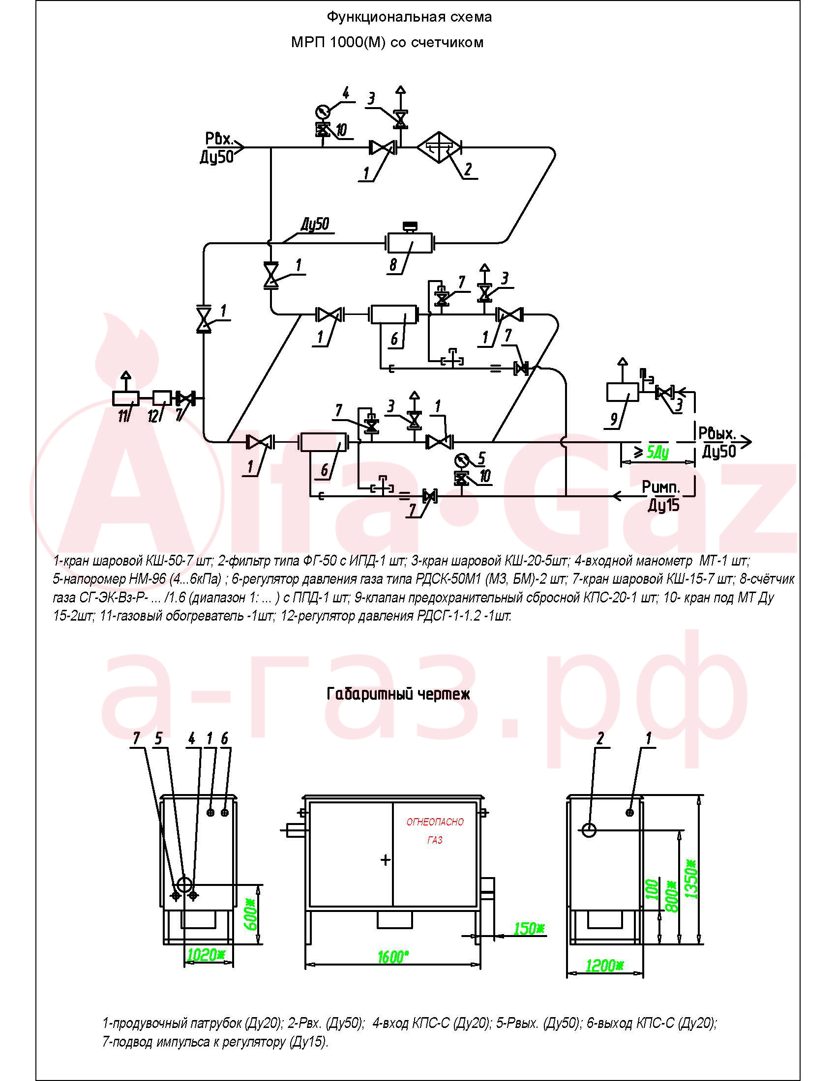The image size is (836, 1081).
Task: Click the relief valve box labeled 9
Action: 623,392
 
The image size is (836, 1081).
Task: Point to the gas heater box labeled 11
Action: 126,398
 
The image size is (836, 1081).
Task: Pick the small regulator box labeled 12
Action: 162,398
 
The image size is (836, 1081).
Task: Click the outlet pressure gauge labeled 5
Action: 462,460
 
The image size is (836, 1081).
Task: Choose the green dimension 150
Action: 529,929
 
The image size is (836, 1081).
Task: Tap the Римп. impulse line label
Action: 661,487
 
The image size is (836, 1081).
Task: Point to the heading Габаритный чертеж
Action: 398,694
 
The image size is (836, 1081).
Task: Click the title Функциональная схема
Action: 409,17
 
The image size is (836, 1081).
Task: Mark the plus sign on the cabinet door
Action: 386,860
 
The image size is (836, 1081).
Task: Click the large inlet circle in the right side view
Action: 589,829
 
